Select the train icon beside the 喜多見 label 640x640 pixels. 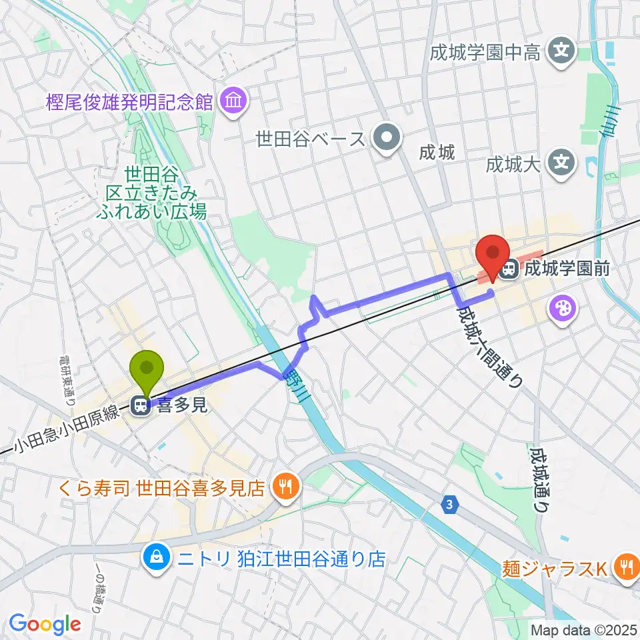click(141, 405)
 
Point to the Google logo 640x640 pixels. click(45, 624)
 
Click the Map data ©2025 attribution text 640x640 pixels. click(584, 629)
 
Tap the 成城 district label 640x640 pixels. click(437, 153)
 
